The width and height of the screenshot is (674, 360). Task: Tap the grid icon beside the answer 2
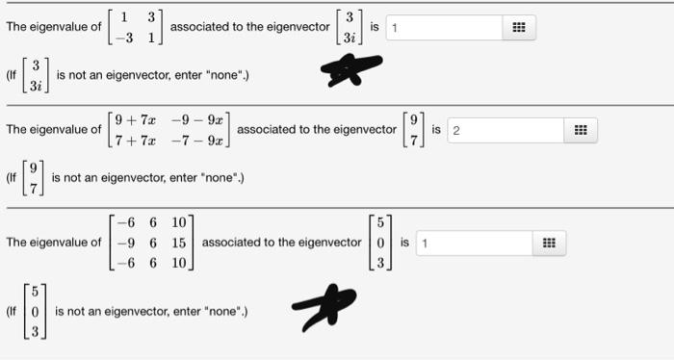click(x=582, y=130)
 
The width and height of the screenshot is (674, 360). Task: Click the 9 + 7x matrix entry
click(x=135, y=121)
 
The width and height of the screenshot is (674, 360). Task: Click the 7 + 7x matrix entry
click(x=135, y=140)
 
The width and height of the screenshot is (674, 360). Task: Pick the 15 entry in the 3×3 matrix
click(x=180, y=242)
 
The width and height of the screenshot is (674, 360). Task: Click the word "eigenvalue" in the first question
click(x=56, y=28)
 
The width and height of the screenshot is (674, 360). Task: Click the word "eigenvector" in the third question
click(x=329, y=243)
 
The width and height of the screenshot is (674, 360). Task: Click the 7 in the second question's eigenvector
click(x=415, y=140)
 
